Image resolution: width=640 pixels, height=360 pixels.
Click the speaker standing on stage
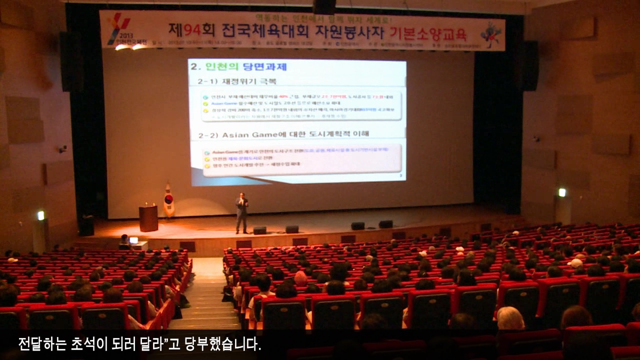242,212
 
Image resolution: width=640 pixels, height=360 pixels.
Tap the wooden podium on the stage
148,218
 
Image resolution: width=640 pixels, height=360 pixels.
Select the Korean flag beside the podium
169,200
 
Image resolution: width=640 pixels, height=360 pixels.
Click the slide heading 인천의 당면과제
245,67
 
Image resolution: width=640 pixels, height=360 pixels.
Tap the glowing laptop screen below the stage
133,240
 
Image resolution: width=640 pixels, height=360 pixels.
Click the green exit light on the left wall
40,215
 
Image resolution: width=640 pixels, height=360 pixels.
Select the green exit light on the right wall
562,192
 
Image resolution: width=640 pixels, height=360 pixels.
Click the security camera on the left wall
62,148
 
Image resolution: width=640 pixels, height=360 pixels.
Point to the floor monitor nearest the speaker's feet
259,230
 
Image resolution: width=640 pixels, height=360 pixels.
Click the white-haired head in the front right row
510,318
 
